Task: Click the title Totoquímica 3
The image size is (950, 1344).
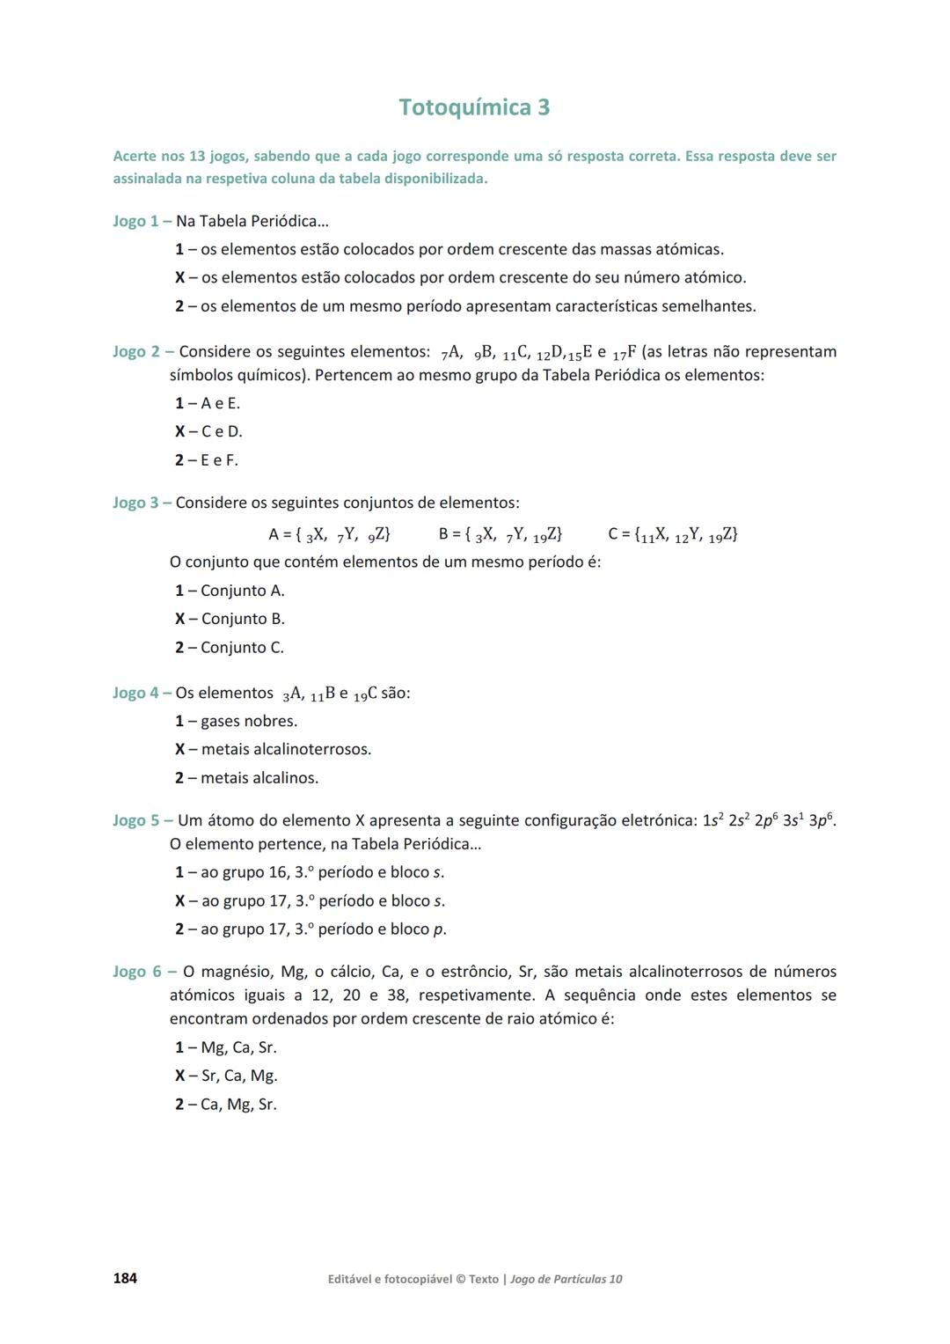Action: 474,107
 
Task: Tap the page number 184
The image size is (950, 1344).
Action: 125,1278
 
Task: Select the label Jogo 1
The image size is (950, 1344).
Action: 135,221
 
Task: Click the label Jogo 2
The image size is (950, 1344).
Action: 135,352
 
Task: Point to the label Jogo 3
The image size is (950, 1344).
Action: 135,503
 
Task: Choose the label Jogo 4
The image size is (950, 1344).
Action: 135,693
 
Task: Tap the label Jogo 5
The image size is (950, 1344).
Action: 135,820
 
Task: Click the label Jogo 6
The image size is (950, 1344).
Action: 136,972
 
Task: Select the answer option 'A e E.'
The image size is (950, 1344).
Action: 220,403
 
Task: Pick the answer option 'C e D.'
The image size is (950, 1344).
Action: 222,431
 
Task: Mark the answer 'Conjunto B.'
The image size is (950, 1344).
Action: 243,619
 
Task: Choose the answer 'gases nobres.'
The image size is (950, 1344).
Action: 249,721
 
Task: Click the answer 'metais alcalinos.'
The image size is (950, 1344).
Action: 259,778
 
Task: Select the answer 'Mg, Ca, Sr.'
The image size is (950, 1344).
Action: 238,1047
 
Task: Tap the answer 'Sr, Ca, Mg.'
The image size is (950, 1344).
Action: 239,1076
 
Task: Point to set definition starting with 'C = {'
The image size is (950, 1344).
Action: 673,534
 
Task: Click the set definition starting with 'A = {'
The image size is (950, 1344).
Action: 330,534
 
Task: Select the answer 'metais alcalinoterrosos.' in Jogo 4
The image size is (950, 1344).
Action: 286,749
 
